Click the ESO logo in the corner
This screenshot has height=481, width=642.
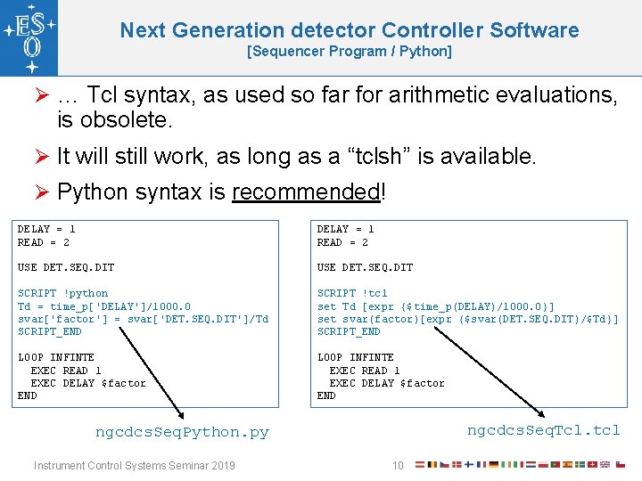coord(29,38)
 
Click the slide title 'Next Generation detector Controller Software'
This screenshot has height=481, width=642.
coord(349,30)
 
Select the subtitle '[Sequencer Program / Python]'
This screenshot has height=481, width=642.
coord(349,52)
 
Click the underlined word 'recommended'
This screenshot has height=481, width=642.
coord(306,192)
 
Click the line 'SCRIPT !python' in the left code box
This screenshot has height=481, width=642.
coord(62,293)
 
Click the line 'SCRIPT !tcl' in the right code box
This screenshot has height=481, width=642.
coord(352,293)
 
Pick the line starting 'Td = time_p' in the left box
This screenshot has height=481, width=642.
coord(103,306)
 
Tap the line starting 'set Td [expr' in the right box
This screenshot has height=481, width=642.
coord(435,306)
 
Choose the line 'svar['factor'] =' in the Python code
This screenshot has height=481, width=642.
coord(143,319)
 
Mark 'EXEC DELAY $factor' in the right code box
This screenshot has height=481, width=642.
coord(387,383)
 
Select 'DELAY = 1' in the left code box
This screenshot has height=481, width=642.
coord(46,229)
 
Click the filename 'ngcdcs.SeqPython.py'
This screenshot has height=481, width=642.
coord(182,432)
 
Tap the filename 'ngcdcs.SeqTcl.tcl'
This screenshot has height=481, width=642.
coord(543,430)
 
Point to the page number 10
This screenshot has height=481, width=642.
coord(399,465)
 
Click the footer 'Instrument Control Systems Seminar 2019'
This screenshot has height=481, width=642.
coord(134,465)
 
